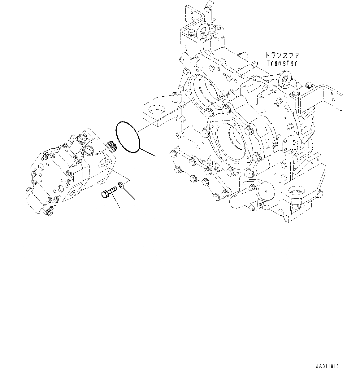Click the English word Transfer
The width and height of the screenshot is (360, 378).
click(282, 63)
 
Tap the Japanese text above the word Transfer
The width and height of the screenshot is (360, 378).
click(282, 55)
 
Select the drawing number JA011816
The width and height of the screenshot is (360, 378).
click(327, 366)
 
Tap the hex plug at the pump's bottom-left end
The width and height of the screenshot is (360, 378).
click(29, 189)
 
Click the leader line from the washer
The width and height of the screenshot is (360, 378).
click(130, 194)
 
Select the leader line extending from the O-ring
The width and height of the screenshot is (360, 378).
click(148, 152)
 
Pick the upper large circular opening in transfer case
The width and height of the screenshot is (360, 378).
click(203, 90)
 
